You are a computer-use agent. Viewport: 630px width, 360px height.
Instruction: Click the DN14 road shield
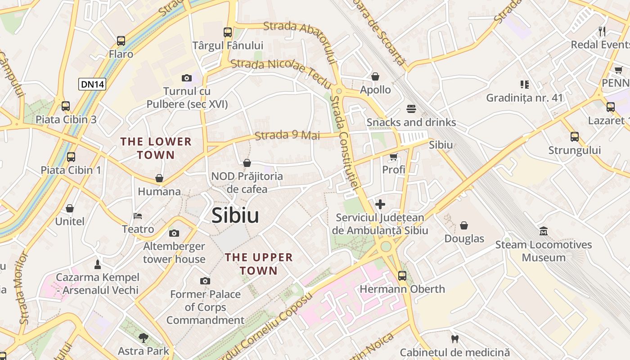(92, 84)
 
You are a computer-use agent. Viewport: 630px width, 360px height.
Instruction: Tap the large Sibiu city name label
(235, 216)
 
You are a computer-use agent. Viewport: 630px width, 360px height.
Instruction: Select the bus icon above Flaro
(121, 41)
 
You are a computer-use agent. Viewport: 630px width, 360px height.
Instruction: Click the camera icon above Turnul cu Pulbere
(187, 78)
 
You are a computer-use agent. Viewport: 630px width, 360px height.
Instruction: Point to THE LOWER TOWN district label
(156, 148)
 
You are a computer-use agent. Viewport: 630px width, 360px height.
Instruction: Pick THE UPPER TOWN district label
(259, 264)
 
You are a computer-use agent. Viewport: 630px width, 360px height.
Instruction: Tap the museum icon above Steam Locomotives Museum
(544, 231)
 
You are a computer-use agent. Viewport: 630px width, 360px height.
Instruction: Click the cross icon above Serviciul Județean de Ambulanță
(380, 204)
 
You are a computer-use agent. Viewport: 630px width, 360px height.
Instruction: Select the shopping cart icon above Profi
(394, 157)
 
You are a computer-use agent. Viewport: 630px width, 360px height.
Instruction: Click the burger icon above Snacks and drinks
(411, 108)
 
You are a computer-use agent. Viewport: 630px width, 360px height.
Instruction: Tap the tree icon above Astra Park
(144, 337)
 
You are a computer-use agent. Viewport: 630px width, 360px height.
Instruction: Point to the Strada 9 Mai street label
(287, 135)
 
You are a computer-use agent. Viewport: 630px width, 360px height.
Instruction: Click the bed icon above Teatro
(138, 216)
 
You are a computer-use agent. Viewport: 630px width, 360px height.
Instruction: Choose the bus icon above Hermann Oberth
(402, 275)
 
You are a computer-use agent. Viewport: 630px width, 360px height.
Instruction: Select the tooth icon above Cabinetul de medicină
(454, 338)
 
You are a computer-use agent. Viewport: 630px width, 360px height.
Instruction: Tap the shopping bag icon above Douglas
(464, 225)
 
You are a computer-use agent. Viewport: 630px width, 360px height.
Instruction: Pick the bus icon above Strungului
(574, 137)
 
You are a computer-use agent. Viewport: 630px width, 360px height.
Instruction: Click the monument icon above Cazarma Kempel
(97, 264)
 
